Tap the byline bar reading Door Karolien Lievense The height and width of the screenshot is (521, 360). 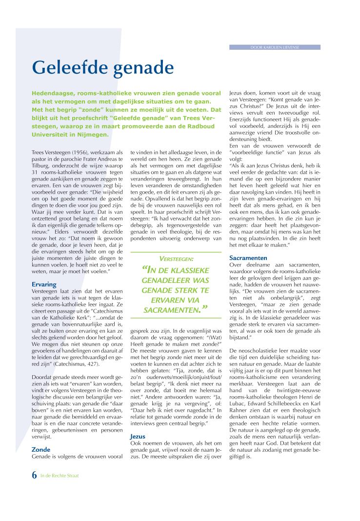click(x=275, y=47)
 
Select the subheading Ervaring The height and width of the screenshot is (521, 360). click(x=44, y=284)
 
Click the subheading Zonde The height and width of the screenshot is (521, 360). click(x=41, y=449)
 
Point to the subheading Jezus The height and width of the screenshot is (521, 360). click(x=138, y=436)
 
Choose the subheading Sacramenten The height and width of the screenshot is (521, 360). click(x=248, y=257)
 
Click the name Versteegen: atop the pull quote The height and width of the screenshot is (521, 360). click(x=176, y=259)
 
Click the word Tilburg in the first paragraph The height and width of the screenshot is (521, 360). click(x=41, y=167)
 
